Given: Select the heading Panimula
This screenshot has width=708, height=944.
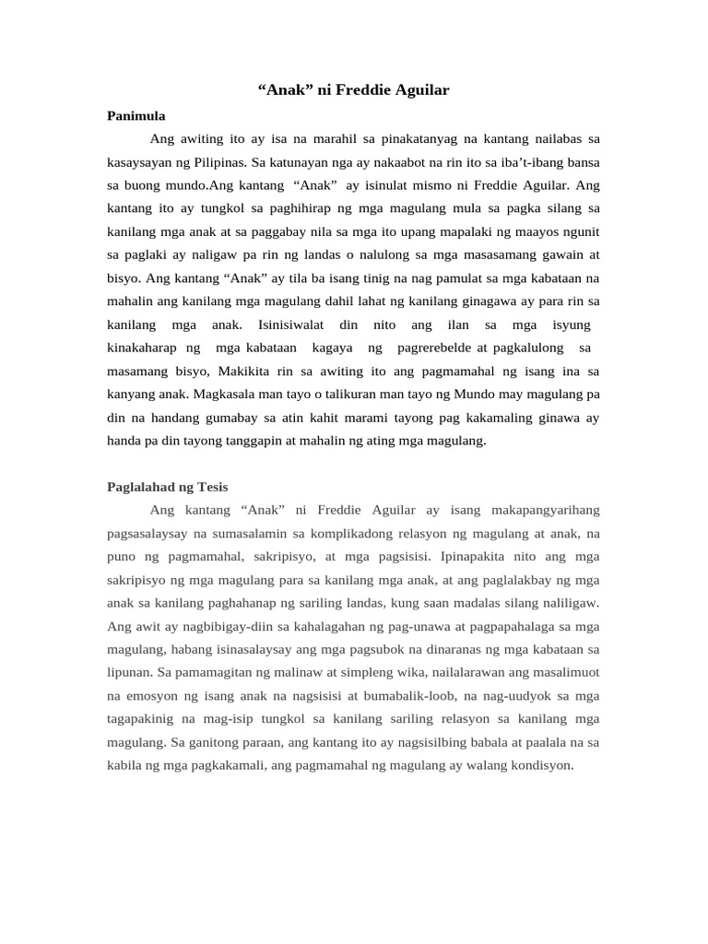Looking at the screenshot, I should point(136,115).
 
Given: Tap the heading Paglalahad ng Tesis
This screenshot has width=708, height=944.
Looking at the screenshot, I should point(168,486).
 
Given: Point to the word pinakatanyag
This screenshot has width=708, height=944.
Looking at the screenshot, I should point(416,138).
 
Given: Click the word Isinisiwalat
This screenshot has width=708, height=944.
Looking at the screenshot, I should point(287,324).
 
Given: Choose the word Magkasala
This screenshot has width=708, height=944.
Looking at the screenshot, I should point(230,394).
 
